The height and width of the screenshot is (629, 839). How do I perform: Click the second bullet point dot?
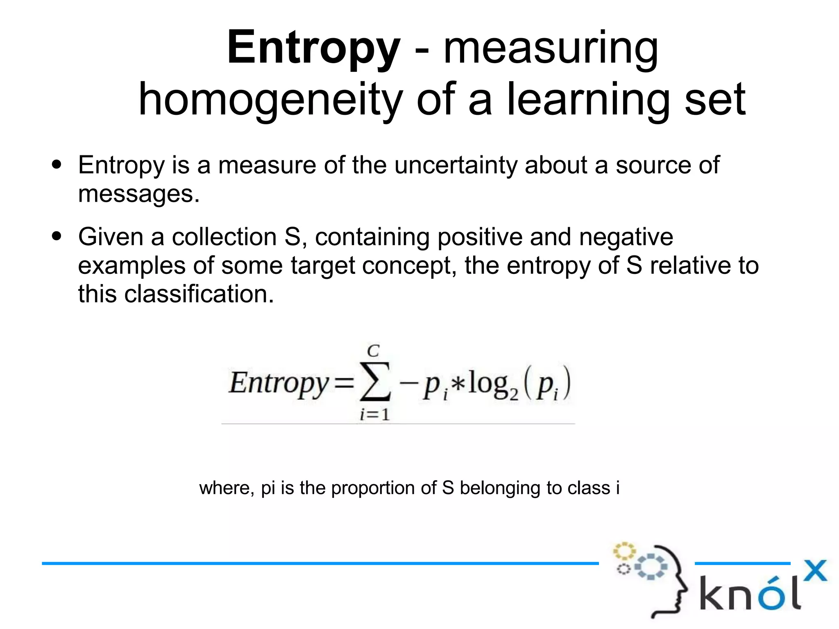coord(57,236)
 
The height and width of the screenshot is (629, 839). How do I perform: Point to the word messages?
coord(138,194)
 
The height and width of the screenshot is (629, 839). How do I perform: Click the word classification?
coord(199,294)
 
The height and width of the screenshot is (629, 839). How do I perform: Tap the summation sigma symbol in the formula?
coord(375,383)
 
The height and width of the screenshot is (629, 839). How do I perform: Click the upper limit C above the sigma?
coord(373,351)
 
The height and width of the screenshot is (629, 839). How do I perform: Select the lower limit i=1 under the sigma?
coord(374,415)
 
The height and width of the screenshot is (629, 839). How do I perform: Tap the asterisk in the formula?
coord(458,384)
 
